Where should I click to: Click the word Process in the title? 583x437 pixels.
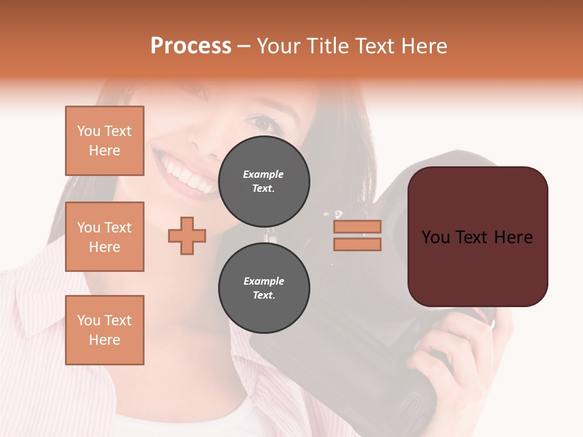[x=191, y=46]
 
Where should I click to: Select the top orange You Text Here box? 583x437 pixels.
[x=104, y=141]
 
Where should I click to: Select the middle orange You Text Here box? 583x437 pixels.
[x=104, y=237]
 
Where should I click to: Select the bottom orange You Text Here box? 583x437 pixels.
[x=104, y=330]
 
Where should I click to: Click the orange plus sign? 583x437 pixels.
[x=187, y=235]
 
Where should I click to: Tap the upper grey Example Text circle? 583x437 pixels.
[x=264, y=181]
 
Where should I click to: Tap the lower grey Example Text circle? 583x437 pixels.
[x=264, y=288]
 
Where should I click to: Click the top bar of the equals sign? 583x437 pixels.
[x=357, y=226]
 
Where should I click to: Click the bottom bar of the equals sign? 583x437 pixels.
[x=357, y=244]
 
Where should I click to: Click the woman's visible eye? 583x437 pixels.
[x=263, y=124]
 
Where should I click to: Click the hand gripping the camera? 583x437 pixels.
[x=449, y=358]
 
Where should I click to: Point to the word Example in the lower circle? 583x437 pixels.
[x=264, y=281]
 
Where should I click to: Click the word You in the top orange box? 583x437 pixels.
[x=89, y=131]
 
